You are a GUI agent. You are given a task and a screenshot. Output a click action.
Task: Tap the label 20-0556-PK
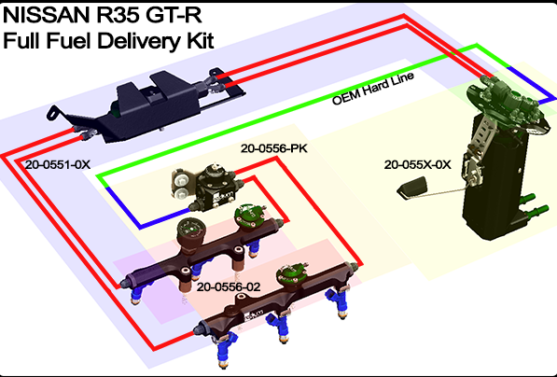[273, 148]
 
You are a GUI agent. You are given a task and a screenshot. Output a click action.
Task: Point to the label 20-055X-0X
[417, 164]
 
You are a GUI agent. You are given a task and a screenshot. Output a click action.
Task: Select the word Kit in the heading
[197, 40]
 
